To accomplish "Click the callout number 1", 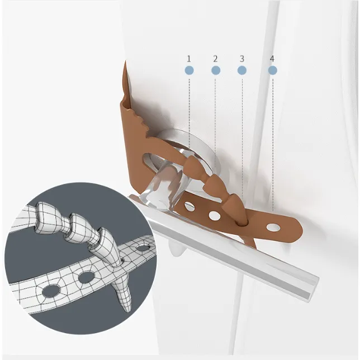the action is pyautogui.click(x=189, y=59).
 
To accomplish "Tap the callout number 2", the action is pyautogui.click(x=215, y=59).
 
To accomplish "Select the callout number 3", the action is pyautogui.click(x=241, y=59).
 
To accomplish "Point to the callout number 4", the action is pyautogui.click(x=272, y=59).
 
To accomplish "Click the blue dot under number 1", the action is pyautogui.click(x=189, y=70).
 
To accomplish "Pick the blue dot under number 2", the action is pyautogui.click(x=216, y=70).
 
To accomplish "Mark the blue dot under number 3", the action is pyautogui.click(x=242, y=70).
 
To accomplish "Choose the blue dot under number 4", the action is pyautogui.click(x=273, y=70).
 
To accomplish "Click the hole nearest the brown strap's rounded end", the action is pyautogui.click(x=273, y=227).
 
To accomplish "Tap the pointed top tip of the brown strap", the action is pyautogui.click(x=125, y=61).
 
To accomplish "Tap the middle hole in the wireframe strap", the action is pyautogui.click(x=86, y=277).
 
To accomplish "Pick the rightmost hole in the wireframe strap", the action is pyautogui.click(x=142, y=248).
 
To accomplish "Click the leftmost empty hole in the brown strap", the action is pyautogui.click(x=190, y=206).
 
